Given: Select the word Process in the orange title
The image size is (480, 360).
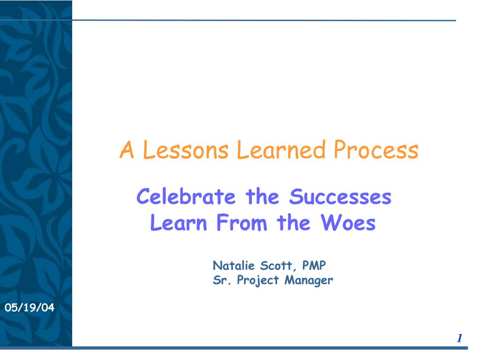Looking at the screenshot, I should [x=376, y=150].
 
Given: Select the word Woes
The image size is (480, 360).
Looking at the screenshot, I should [x=348, y=223].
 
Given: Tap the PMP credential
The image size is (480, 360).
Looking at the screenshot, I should [x=314, y=266].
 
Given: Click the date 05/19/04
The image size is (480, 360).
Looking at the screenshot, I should [x=30, y=308].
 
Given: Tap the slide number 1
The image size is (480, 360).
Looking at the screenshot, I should [x=460, y=338].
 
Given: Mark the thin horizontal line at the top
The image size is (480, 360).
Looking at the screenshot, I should [x=262, y=20].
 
